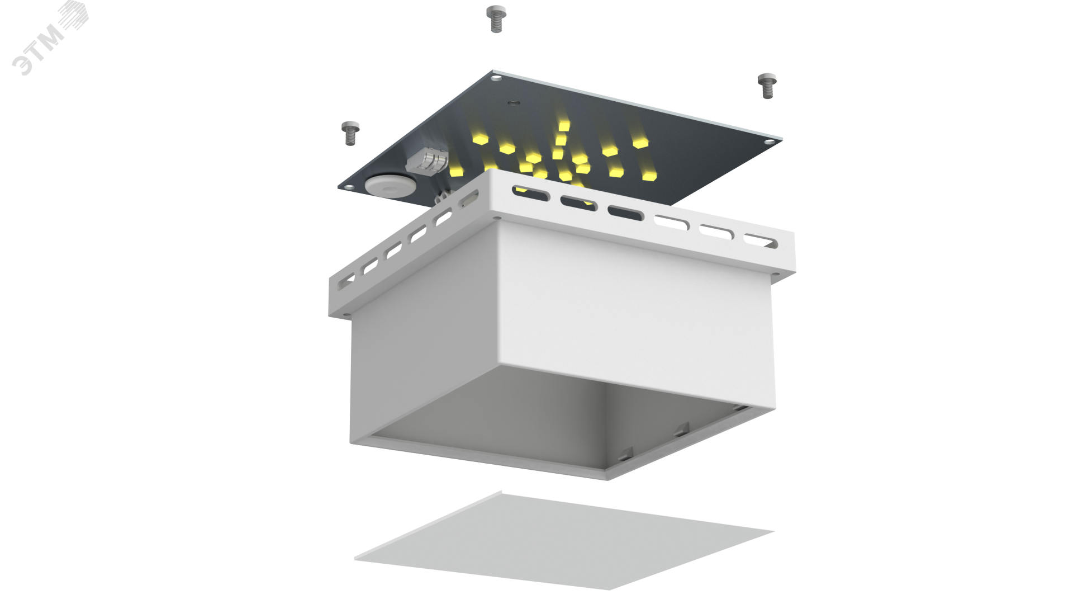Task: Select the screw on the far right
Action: click(766, 86)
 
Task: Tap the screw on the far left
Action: click(350, 133)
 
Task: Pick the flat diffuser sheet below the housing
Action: click(564, 540)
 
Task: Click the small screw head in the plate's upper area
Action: click(512, 103)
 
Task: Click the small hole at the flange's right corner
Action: click(776, 272)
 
